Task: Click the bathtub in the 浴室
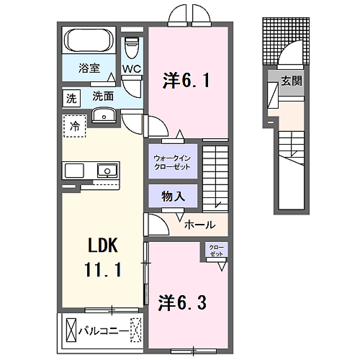[89, 40]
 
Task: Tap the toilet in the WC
[132, 48]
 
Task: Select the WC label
[132, 69]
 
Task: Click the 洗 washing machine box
[71, 98]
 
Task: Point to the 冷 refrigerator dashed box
[75, 126]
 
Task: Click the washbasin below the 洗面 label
[104, 115]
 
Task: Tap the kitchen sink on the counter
[107, 171]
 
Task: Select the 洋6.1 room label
[186, 81]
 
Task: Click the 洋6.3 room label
[182, 303]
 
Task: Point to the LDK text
[103, 246]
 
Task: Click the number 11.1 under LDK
[103, 269]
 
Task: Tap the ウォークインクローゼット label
[172, 163]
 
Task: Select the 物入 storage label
[173, 197]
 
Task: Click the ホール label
[200, 225]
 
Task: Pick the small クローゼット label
[216, 251]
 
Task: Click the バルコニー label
[104, 331]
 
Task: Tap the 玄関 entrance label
[292, 81]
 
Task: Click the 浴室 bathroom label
[89, 68]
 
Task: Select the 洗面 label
[103, 96]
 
